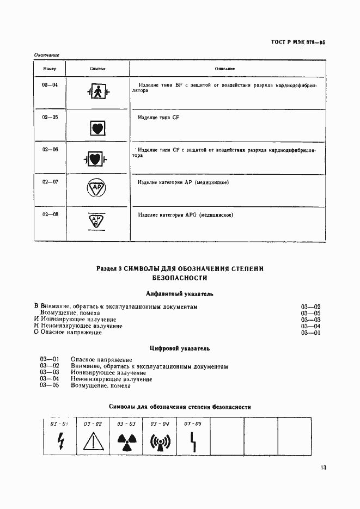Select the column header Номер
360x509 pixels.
pyautogui.click(x=50, y=69)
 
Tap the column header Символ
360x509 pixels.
pyautogui.click(x=97, y=69)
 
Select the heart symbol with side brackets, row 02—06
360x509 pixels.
pyautogui.click(x=96, y=160)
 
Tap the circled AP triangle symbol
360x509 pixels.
pyautogui.click(x=96, y=188)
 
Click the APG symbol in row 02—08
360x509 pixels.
pyautogui.click(x=96, y=221)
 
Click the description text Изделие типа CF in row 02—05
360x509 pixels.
pyautogui.click(x=158, y=118)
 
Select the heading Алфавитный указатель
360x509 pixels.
pyautogui.click(x=180, y=294)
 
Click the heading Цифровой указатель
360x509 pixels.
pyautogui.click(x=180, y=348)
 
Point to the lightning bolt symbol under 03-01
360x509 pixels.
pyautogui.click(x=59, y=440)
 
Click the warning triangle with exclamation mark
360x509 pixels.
pyautogui.click(x=93, y=441)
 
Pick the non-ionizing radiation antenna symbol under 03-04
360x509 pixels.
pyautogui.click(x=160, y=441)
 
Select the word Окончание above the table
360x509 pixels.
pyautogui.click(x=46, y=55)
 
